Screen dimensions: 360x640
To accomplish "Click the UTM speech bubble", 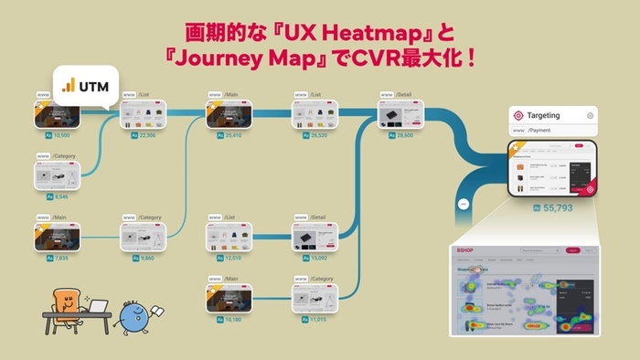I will pos(87,86).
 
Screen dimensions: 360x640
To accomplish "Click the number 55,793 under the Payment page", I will pos(557,208).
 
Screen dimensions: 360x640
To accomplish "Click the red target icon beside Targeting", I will pos(519,116).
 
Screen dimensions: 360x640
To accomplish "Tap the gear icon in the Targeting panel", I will pos(590,116).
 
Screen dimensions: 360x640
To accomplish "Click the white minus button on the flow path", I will pos(464,204).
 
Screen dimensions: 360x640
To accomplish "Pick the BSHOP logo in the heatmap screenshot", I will pos(466,249).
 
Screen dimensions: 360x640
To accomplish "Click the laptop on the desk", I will pos(98,308).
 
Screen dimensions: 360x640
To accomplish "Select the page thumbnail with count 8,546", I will pos(58,175).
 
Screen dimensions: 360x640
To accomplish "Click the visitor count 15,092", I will pos(318,257).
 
